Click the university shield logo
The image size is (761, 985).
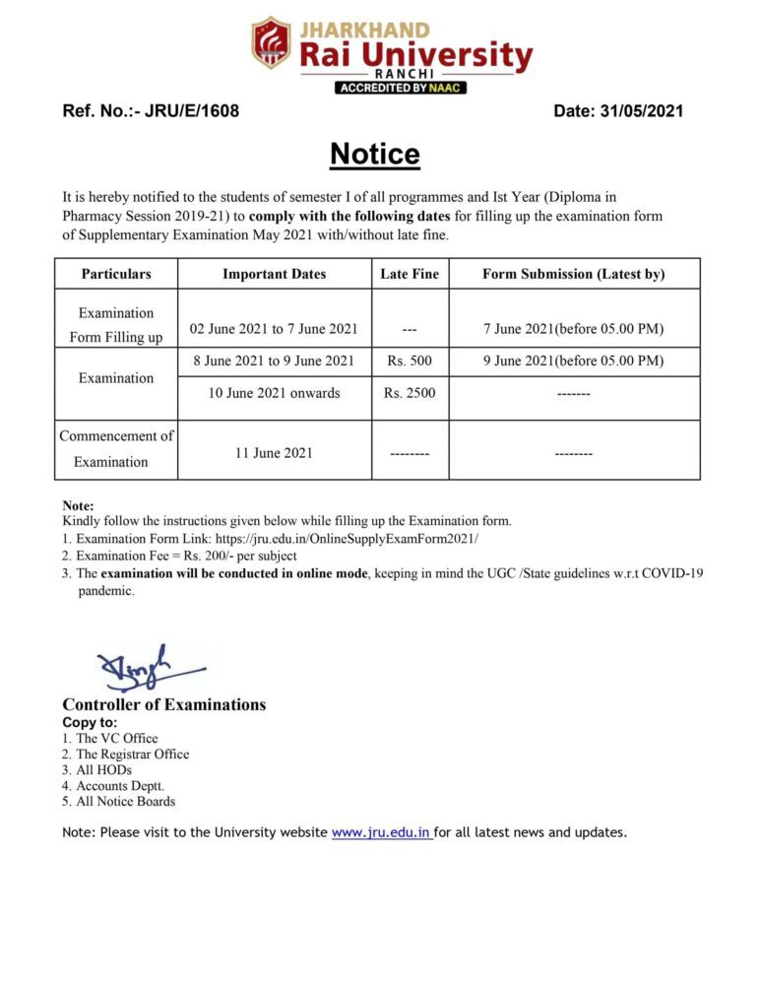(x=271, y=42)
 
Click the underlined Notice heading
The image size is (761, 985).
(x=374, y=155)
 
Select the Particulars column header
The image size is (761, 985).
(x=116, y=274)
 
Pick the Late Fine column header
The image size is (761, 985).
(x=410, y=274)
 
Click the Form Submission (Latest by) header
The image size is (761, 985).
(x=573, y=274)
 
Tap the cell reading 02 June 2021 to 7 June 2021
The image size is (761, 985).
(x=274, y=329)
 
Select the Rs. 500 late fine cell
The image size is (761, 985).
(x=410, y=361)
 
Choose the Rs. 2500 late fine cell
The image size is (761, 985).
(x=410, y=393)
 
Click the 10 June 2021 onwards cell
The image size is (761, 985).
(x=274, y=393)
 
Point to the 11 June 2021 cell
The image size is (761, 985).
(x=274, y=453)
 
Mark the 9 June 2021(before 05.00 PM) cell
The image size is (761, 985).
(x=573, y=361)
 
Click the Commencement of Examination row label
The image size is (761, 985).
(x=116, y=449)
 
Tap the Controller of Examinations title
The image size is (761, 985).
(x=163, y=704)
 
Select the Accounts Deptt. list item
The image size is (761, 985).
(x=119, y=786)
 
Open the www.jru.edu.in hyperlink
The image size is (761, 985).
(x=381, y=832)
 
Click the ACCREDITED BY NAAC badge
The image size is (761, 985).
(x=400, y=88)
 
